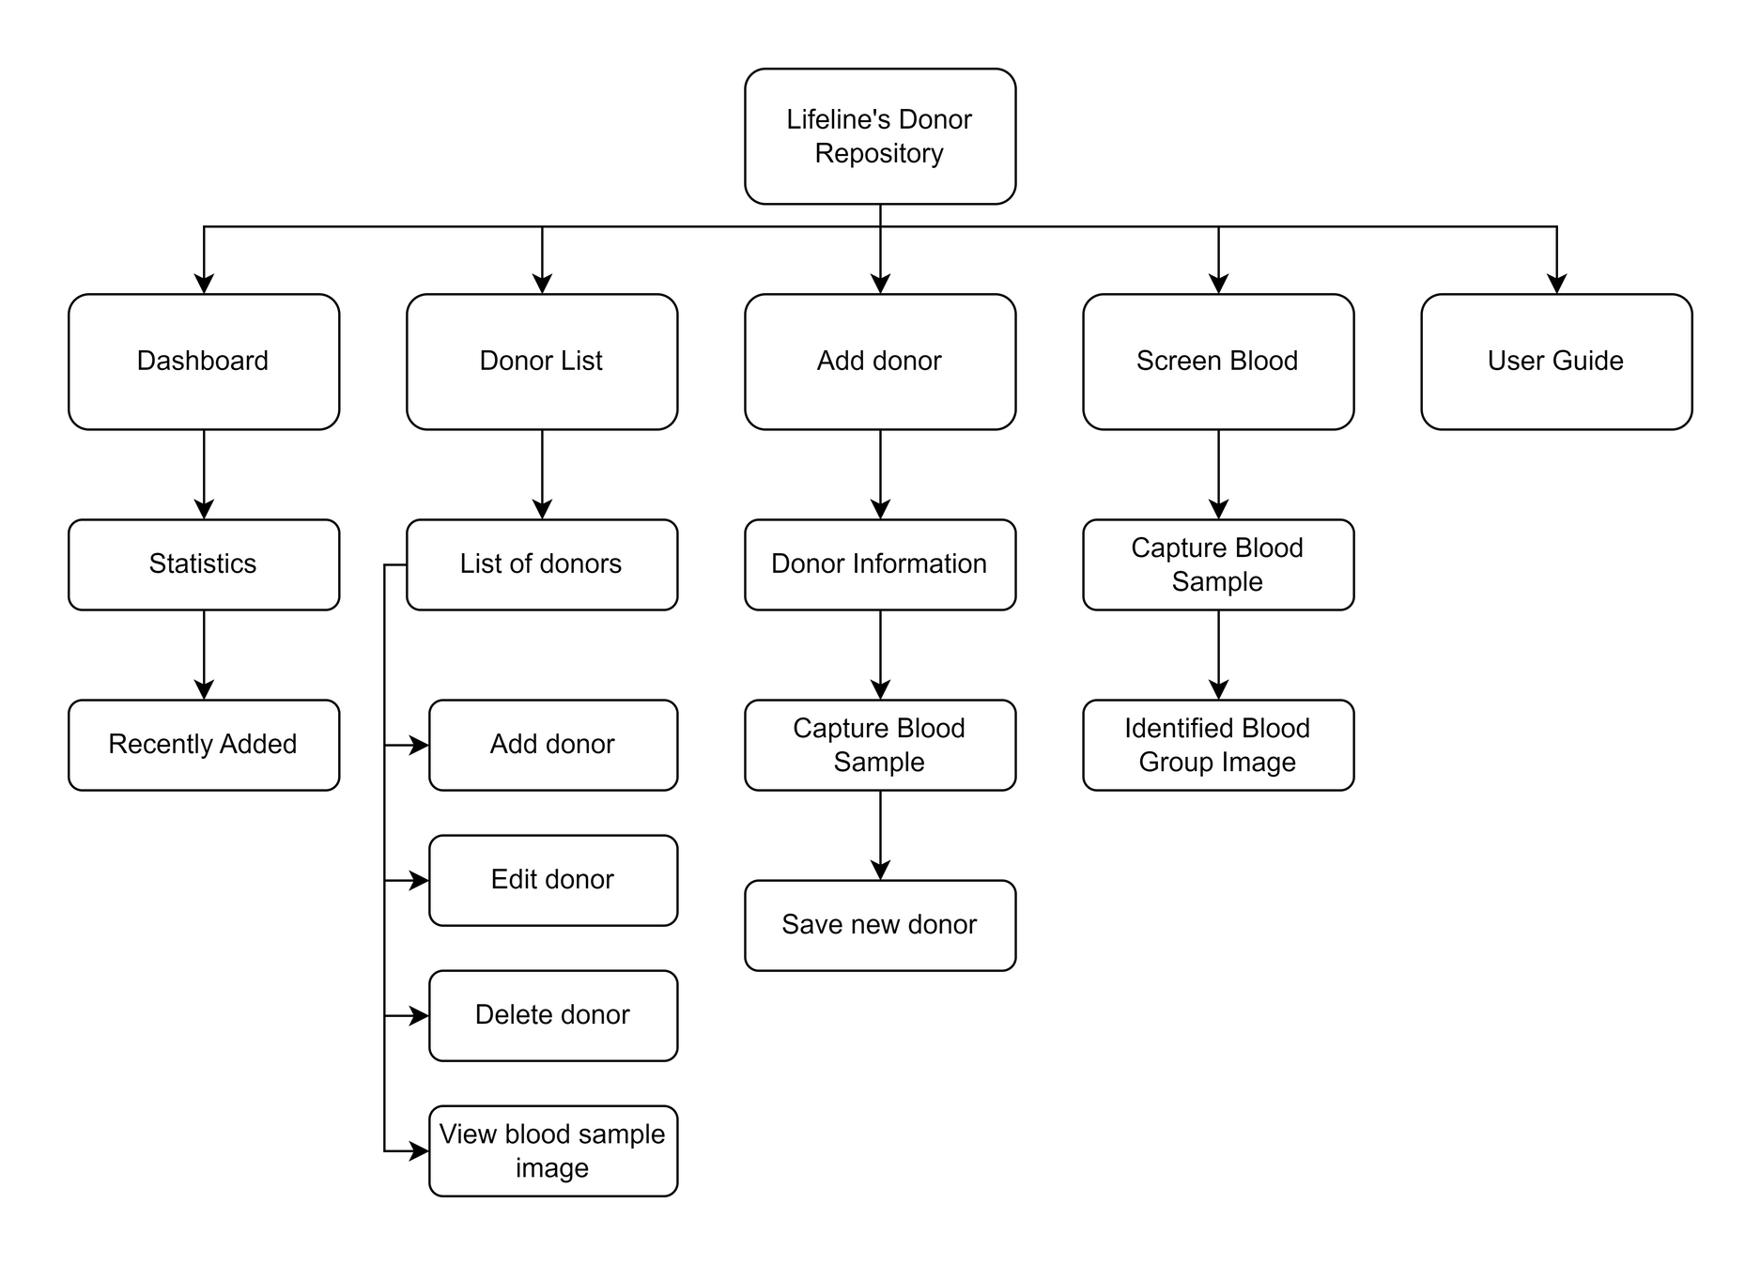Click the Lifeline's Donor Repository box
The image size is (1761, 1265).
click(x=880, y=136)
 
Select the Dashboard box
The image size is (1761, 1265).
click(x=204, y=362)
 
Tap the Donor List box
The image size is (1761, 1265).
click(x=542, y=362)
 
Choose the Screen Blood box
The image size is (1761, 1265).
click(x=1218, y=362)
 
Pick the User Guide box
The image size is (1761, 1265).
click(x=1556, y=362)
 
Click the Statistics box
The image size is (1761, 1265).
click(x=204, y=564)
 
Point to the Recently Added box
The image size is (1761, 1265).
click(x=204, y=745)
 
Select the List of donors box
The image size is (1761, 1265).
click(x=542, y=564)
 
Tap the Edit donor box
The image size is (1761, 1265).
click(x=553, y=880)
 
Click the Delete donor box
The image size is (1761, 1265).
click(x=553, y=1015)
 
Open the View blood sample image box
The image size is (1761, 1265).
click(x=553, y=1150)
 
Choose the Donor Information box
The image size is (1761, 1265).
click(x=880, y=564)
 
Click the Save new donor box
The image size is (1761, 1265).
click(x=880, y=925)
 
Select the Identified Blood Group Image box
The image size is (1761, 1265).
click(x=1218, y=745)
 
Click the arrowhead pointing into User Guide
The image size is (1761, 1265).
click(x=1556, y=284)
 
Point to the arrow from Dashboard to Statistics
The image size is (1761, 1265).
click(x=204, y=474)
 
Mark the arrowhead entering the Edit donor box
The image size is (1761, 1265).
click(x=419, y=880)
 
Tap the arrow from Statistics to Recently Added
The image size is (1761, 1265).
click(x=204, y=655)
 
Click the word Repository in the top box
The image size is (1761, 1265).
click(x=879, y=153)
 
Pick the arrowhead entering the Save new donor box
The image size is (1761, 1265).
click(x=880, y=870)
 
